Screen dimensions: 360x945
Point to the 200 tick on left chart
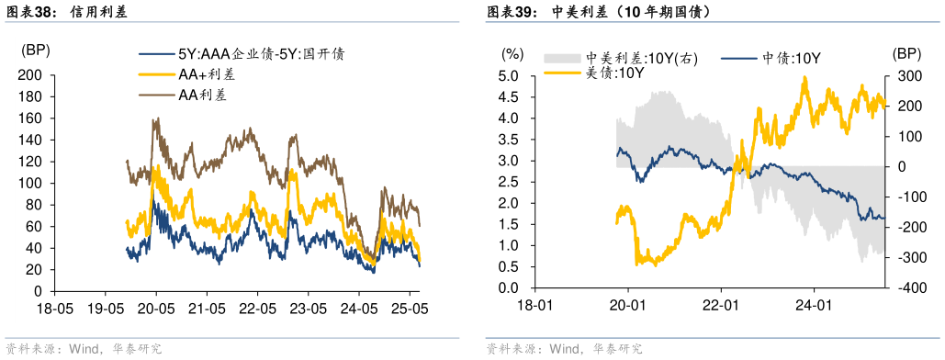31,75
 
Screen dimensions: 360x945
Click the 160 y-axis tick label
31,118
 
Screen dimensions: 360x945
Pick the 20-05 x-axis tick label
155,305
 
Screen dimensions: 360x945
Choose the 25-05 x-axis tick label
409,305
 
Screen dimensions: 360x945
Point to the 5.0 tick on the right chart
510,75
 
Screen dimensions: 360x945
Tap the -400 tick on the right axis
905,288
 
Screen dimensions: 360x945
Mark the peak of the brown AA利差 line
157,118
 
